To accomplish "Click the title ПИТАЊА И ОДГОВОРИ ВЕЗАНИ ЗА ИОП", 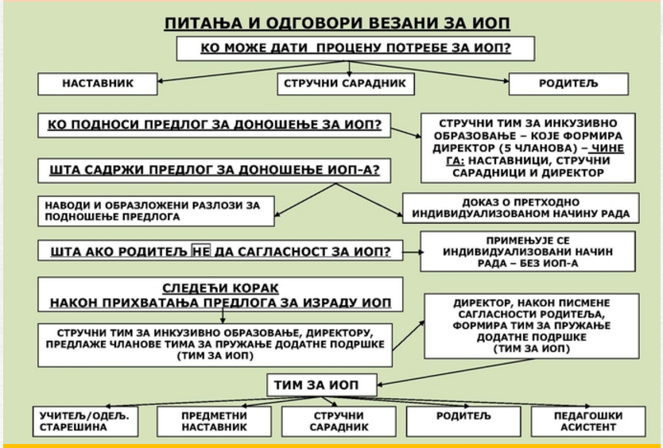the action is coord(337,23).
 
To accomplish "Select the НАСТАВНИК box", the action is coord(98,83).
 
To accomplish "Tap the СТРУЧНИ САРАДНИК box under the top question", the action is coord(346,83).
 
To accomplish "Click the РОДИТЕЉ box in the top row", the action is coord(568,83).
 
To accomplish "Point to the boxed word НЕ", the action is coord(201,252).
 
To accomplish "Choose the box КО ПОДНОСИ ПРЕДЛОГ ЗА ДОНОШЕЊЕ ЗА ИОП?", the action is coord(215,125).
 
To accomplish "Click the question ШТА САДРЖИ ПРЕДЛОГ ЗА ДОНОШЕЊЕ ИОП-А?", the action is coord(215,171).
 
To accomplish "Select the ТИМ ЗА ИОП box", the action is coord(322,385).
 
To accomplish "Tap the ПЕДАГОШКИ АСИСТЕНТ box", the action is coord(588,421).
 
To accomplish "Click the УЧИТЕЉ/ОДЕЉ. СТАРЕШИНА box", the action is coord(85,421).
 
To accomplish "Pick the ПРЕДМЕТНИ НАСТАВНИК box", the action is coord(214,421).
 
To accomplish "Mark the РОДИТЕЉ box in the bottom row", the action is coord(463,421).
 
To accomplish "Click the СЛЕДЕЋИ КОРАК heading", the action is coord(220,288).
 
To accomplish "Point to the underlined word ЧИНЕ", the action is coord(607,149).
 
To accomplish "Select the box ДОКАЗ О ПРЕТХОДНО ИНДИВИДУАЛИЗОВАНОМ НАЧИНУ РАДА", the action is coord(521,208).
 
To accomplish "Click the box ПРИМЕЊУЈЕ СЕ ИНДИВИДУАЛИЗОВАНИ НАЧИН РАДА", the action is coord(528,252).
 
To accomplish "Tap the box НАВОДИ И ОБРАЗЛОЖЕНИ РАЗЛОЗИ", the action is coord(156,211).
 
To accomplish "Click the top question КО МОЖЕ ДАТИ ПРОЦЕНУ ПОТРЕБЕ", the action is coord(355,48).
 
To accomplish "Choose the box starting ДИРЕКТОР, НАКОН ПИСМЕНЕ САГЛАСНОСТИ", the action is coord(532,326).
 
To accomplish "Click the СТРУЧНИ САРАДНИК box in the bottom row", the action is coord(339,421).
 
